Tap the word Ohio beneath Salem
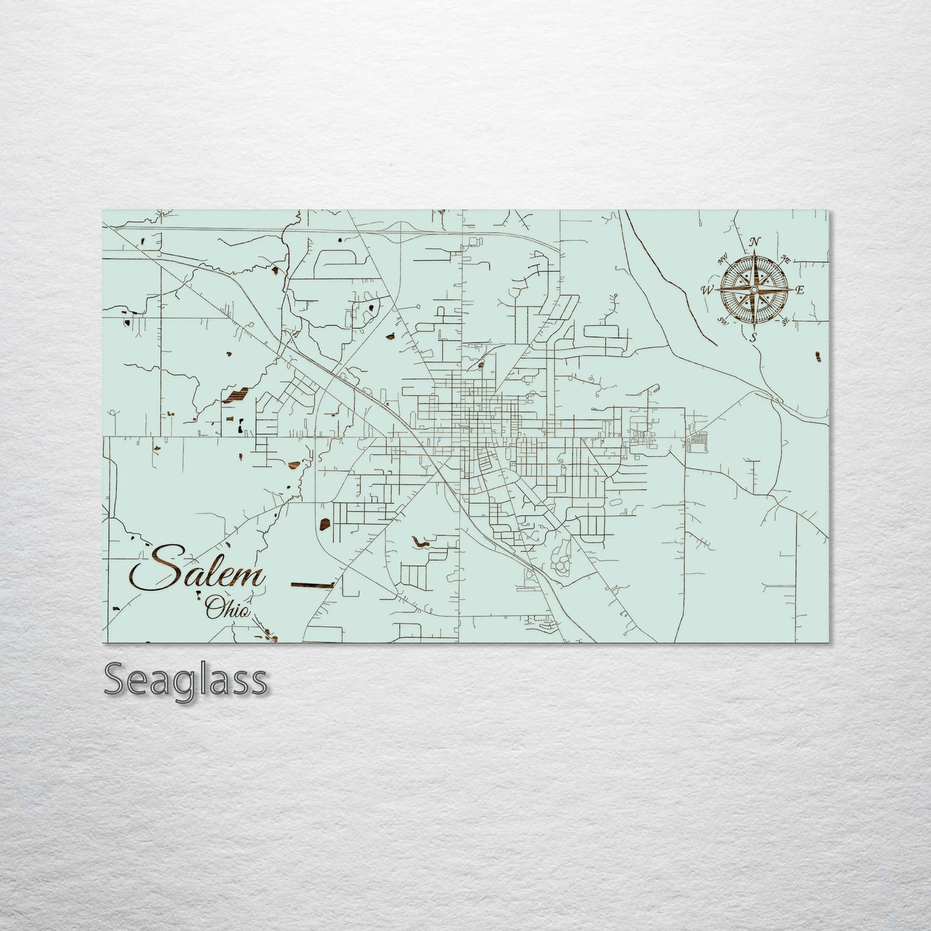[226, 608]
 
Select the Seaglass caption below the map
[185, 679]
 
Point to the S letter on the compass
[753, 337]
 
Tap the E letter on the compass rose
[800, 290]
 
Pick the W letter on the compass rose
[707, 290]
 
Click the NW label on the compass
[722, 261]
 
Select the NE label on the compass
[785, 260]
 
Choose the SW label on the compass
[723, 321]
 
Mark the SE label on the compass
[785, 321]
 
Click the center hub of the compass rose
[754, 290]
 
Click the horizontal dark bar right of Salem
[312, 584]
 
